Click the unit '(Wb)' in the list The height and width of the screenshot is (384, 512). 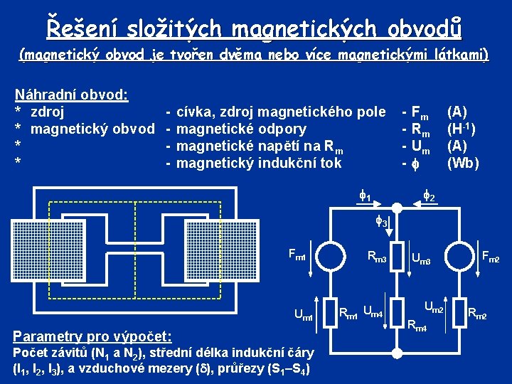tap(463, 163)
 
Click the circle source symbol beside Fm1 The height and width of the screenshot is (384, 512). tap(328, 257)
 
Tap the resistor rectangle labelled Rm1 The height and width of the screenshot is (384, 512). tap(328, 311)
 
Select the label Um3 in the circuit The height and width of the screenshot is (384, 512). tap(422, 259)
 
